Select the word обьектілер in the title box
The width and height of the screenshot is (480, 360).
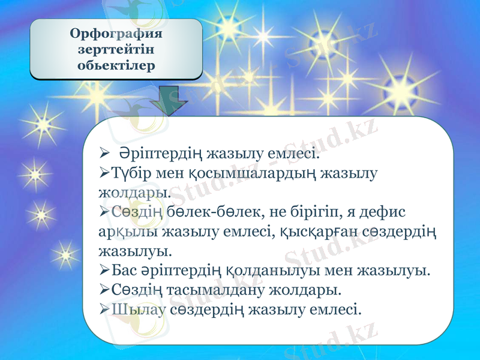tap(116, 64)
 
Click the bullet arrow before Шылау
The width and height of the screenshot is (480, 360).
tap(103, 310)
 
